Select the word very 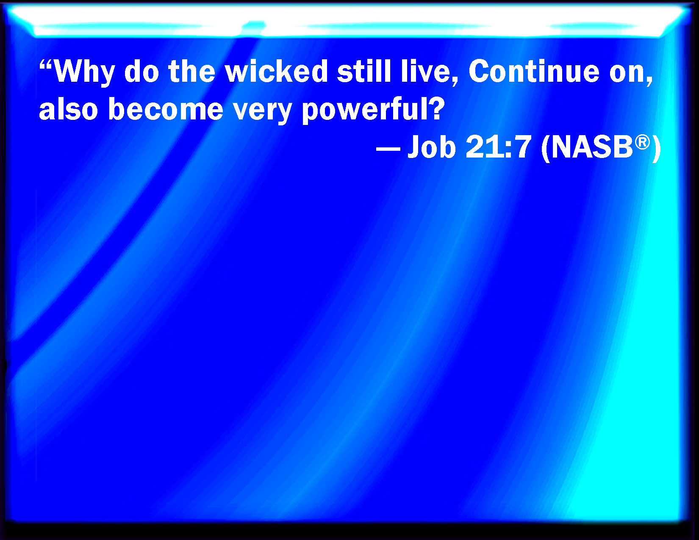click(263, 111)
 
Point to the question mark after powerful click(434, 108)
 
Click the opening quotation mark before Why click(46, 64)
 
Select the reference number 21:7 click(498, 147)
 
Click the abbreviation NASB click(592, 147)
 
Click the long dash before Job click(388, 149)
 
